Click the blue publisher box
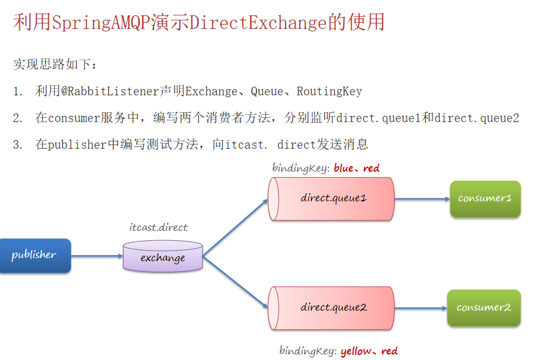pyautogui.click(x=35, y=255)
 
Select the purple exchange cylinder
pyautogui.click(x=162, y=257)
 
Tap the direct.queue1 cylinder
pyautogui.click(x=332, y=199)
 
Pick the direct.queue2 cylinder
pyautogui.click(x=332, y=308)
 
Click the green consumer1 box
pyautogui.click(x=485, y=199)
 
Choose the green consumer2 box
pyautogui.click(x=484, y=308)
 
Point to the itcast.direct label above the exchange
pyautogui.click(x=158, y=228)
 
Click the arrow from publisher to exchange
pyautogui.click(x=97, y=256)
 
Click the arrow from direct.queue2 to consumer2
pyautogui.click(x=420, y=308)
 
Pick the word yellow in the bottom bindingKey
pyautogui.click(x=356, y=351)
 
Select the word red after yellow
pyautogui.click(x=389, y=351)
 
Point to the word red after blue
pyautogui.click(x=371, y=168)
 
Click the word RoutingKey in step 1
pyautogui.click(x=329, y=92)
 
